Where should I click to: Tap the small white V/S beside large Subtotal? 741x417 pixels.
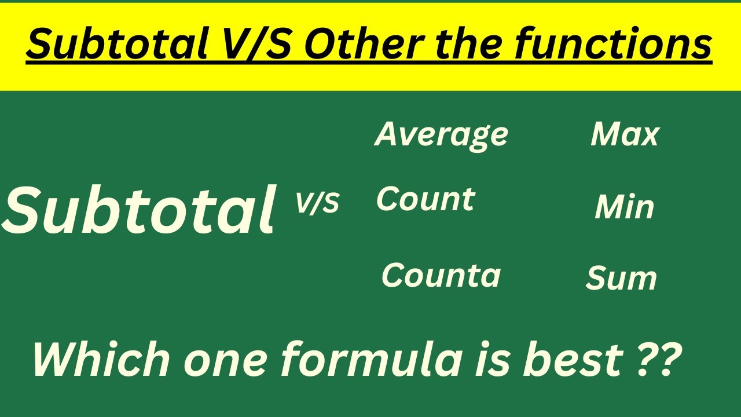(317, 203)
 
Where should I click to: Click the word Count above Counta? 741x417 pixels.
(425, 200)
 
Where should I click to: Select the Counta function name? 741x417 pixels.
(441, 276)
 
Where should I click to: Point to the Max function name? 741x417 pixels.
(625, 135)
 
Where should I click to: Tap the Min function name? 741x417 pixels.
(624, 207)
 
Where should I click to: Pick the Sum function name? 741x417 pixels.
(621, 279)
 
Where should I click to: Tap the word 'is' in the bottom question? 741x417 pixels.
(493, 359)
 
